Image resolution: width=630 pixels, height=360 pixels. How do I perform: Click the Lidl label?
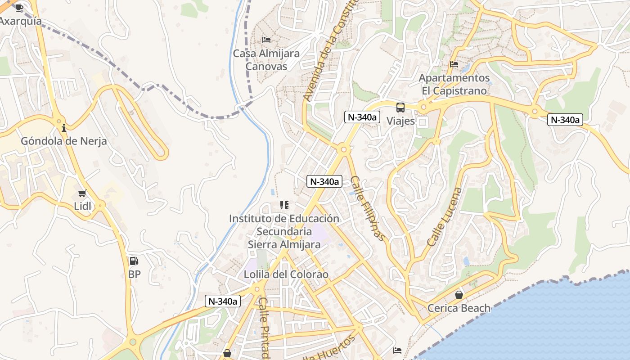[x=82, y=206]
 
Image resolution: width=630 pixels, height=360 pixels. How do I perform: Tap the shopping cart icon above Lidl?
[x=82, y=193]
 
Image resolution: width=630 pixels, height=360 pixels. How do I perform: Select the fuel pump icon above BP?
[x=134, y=261]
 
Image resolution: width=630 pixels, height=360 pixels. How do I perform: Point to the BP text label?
[x=134, y=274]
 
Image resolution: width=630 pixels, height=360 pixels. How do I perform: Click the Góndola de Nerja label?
[x=64, y=141]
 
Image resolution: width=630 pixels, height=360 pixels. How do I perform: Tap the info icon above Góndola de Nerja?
[x=64, y=128]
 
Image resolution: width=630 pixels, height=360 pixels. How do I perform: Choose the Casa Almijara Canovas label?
[x=266, y=60]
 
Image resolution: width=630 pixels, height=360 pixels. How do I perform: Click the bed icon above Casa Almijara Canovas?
[x=266, y=40]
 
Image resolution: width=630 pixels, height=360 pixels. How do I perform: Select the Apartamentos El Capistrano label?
[x=454, y=84]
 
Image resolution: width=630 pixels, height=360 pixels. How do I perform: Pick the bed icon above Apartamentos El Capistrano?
[x=454, y=64]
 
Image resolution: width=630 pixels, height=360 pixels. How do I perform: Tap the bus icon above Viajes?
[x=400, y=108]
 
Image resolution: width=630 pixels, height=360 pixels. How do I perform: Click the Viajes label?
[x=400, y=121]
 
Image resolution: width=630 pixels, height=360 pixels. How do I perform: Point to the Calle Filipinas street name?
[x=368, y=208]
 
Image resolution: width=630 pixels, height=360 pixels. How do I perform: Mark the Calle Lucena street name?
[x=445, y=216]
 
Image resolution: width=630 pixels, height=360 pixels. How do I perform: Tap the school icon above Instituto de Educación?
[x=284, y=205]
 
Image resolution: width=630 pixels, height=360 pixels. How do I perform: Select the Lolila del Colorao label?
[x=286, y=274]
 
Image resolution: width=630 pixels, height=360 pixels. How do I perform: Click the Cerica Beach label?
[x=459, y=308]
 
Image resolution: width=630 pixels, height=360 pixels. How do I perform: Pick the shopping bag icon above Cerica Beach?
[x=459, y=295]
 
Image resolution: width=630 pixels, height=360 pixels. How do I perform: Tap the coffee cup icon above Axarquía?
[x=19, y=8]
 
